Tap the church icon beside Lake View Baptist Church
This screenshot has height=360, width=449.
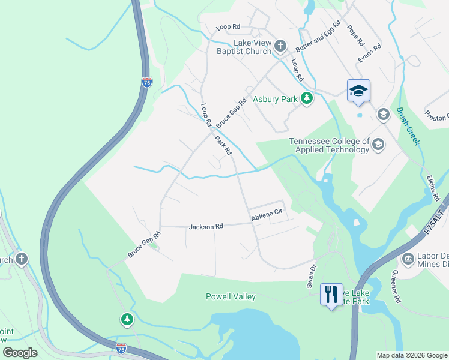pyautogui.click(x=280, y=46)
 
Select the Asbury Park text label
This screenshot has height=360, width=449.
pyautogui.click(x=276, y=99)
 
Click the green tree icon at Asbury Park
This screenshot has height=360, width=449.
pyautogui.click(x=307, y=98)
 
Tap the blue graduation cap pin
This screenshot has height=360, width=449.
pyautogui.click(x=358, y=91)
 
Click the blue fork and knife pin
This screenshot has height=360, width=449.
pyautogui.click(x=331, y=295)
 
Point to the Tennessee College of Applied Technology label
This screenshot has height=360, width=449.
pyautogui.click(x=328, y=145)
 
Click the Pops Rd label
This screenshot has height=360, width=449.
pyautogui.click(x=355, y=35)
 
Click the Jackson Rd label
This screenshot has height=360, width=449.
pyautogui.click(x=206, y=227)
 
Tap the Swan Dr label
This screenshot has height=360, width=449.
pyautogui.click(x=312, y=277)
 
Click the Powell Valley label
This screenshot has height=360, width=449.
pyautogui.click(x=231, y=296)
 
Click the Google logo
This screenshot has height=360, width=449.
pyautogui.click(x=20, y=353)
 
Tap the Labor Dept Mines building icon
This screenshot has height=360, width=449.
pyautogui.click(x=407, y=259)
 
